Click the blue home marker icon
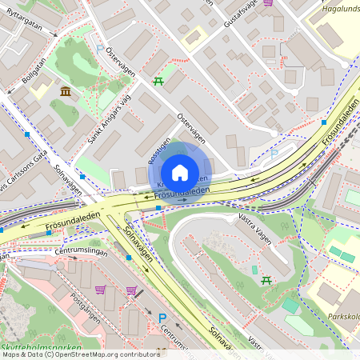pos(180,172)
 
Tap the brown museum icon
pos(65,93)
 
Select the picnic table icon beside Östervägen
pos(158,81)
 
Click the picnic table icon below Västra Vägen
pos(266,279)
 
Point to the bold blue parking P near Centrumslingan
pos(162,318)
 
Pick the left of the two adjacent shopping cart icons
pos(101,290)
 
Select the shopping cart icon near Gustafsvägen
pos(267,2)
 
